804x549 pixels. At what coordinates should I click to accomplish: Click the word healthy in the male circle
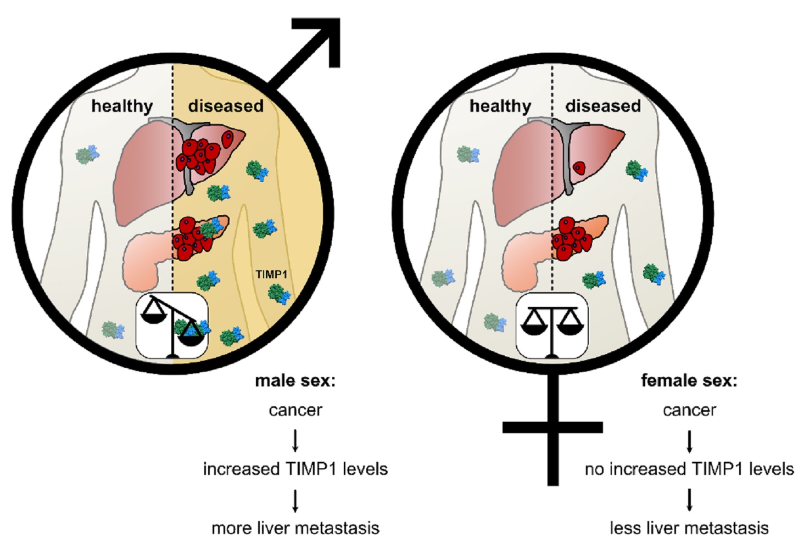click(122, 106)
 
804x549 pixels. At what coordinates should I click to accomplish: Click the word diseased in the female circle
click(603, 106)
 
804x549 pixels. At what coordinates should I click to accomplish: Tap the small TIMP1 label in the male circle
click(271, 273)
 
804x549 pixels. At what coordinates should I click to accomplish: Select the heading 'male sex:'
click(295, 380)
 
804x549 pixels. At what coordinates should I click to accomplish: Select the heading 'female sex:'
click(689, 380)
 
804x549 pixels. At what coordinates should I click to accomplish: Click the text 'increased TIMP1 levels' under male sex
click(295, 469)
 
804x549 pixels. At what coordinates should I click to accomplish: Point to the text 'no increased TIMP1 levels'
click(689, 469)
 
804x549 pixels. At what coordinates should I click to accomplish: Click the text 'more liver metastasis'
click(295, 528)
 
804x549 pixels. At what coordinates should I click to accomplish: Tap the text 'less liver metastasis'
click(689, 528)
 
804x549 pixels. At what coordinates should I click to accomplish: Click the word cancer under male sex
click(295, 410)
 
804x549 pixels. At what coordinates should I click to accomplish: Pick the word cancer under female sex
click(689, 410)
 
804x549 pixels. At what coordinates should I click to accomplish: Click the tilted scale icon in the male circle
click(172, 326)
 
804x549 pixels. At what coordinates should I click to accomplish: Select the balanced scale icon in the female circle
click(552, 326)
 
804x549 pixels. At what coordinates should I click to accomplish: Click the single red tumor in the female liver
click(579, 167)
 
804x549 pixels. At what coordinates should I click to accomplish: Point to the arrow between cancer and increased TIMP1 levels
click(295, 440)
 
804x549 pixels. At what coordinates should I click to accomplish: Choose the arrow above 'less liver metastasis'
click(689, 499)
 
